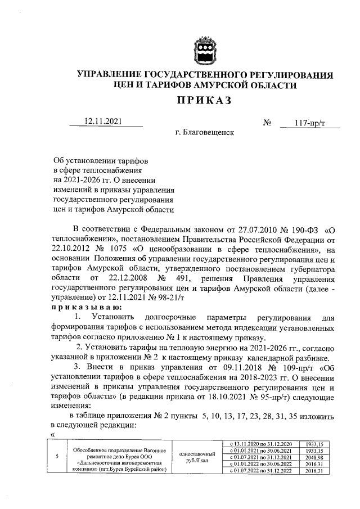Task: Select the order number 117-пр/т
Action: tap(310, 123)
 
